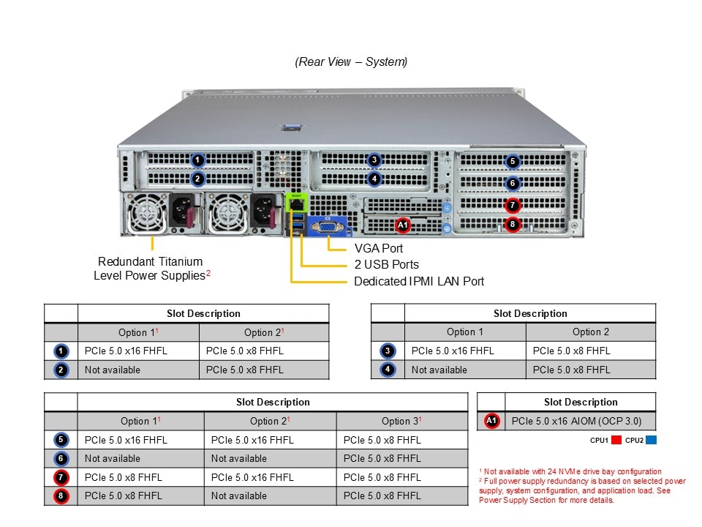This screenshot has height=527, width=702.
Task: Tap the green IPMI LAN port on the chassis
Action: tap(296, 205)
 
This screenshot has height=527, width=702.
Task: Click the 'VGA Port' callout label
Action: tap(378, 248)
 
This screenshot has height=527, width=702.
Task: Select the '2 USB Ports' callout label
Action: tap(386, 264)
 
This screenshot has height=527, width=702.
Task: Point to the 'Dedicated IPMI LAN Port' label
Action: tap(418, 281)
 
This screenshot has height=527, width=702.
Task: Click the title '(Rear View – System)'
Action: tap(351, 62)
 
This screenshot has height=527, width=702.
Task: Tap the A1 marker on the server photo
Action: tap(403, 225)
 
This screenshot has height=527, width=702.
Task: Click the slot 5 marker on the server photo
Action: tap(513, 162)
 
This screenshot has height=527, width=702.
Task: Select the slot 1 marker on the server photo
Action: tap(197, 160)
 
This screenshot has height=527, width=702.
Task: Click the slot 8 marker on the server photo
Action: tap(513, 224)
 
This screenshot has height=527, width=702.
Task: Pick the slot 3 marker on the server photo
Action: tap(374, 160)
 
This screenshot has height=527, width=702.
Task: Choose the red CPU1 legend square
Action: tap(616, 441)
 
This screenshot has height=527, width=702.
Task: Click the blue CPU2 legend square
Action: tap(651, 441)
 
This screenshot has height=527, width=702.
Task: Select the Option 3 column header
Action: tap(401, 421)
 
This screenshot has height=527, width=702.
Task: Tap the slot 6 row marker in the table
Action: tap(61, 459)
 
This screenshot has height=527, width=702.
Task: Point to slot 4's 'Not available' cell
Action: tap(439, 370)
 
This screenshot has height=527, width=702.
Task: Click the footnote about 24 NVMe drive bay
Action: tap(570, 471)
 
